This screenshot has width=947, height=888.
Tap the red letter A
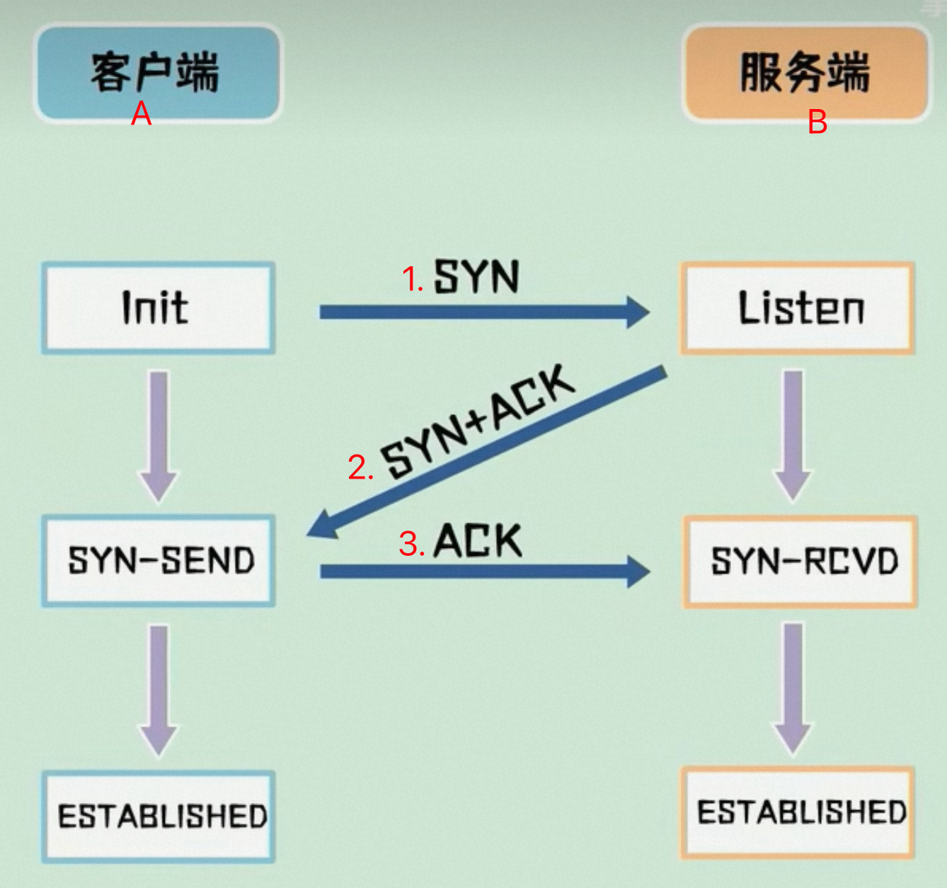tap(142, 113)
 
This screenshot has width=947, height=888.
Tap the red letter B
tap(817, 122)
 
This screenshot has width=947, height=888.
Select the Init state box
tap(158, 308)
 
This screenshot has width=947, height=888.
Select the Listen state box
tap(798, 308)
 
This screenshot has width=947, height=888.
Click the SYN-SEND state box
tap(158, 561)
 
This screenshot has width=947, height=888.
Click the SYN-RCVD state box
tap(800, 562)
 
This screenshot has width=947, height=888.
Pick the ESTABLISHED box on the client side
tap(158, 816)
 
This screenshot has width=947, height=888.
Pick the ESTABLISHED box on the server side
tap(798, 812)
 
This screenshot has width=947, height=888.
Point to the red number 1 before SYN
tap(410, 279)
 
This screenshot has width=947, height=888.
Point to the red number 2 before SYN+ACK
tap(357, 468)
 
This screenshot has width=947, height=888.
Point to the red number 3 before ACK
tap(409, 544)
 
